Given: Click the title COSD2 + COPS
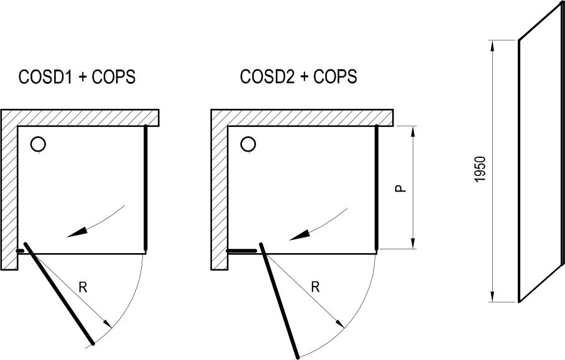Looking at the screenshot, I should [298, 78].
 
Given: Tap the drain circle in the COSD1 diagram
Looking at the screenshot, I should [38, 145].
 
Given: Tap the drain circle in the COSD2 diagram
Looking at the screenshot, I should [249, 145].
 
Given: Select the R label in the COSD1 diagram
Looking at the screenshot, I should [83, 287].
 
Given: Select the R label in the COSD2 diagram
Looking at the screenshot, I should [315, 287].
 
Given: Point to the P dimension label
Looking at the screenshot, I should [401, 187].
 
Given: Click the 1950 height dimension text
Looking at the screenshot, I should [480, 170].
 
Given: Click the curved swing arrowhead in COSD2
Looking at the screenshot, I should [298, 235].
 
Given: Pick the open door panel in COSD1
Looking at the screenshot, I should [59, 293].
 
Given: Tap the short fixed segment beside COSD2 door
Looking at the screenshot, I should [242, 251].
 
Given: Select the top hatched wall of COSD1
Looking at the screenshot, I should [87, 118].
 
